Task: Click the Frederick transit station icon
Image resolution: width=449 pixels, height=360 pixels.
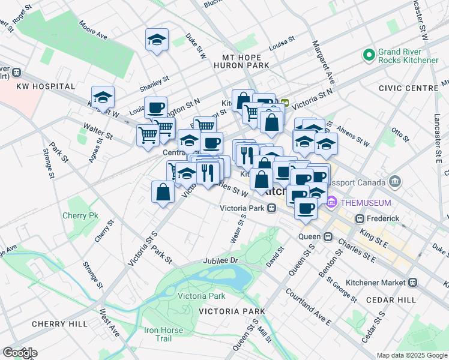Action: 360,219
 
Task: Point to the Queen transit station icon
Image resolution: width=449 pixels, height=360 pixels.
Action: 328,236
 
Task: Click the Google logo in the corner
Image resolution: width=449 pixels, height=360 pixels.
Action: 19,353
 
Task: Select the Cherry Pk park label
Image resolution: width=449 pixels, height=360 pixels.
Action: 80,215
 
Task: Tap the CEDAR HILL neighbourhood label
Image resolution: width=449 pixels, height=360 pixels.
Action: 394,299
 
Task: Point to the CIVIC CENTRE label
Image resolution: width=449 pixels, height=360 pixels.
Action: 409,88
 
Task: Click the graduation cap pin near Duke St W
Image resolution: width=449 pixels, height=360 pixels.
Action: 157,40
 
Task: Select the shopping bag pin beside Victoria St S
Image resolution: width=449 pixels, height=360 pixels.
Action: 163,192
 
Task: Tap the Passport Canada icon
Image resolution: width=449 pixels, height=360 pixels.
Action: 395,181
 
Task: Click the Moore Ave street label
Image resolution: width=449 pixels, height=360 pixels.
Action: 93,32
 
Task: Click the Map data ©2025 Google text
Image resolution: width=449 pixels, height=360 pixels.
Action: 412,355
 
